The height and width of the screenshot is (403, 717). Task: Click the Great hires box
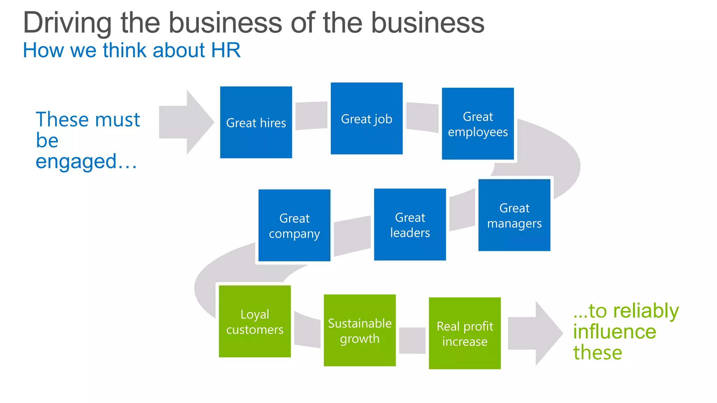pyautogui.click(x=256, y=122)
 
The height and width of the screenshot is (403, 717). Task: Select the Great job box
pyautogui.click(x=367, y=119)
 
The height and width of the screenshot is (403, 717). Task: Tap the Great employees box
pyautogui.click(x=478, y=124)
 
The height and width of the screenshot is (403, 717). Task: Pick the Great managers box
pyautogui.click(x=514, y=215)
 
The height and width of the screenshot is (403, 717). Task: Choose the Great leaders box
pyautogui.click(x=410, y=225)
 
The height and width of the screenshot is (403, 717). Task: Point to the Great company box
pyautogui.click(x=294, y=225)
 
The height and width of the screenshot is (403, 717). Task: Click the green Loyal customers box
pyautogui.click(x=255, y=321)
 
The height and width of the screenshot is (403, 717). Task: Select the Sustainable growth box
pyautogui.click(x=360, y=330)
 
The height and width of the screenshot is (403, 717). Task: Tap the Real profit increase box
pyautogui.click(x=465, y=333)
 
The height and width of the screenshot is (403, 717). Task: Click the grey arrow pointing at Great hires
pyautogui.click(x=186, y=122)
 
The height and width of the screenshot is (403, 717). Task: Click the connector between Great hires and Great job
pyautogui.click(x=311, y=116)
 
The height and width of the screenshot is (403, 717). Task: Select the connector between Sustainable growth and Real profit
pyautogui.click(x=412, y=340)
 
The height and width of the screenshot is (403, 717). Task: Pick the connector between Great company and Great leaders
pyautogui.click(x=352, y=236)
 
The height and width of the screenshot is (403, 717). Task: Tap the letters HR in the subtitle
pyautogui.click(x=226, y=50)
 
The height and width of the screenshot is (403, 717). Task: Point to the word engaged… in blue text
pyautogui.click(x=86, y=161)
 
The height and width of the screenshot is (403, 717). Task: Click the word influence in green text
pyautogui.click(x=614, y=331)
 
